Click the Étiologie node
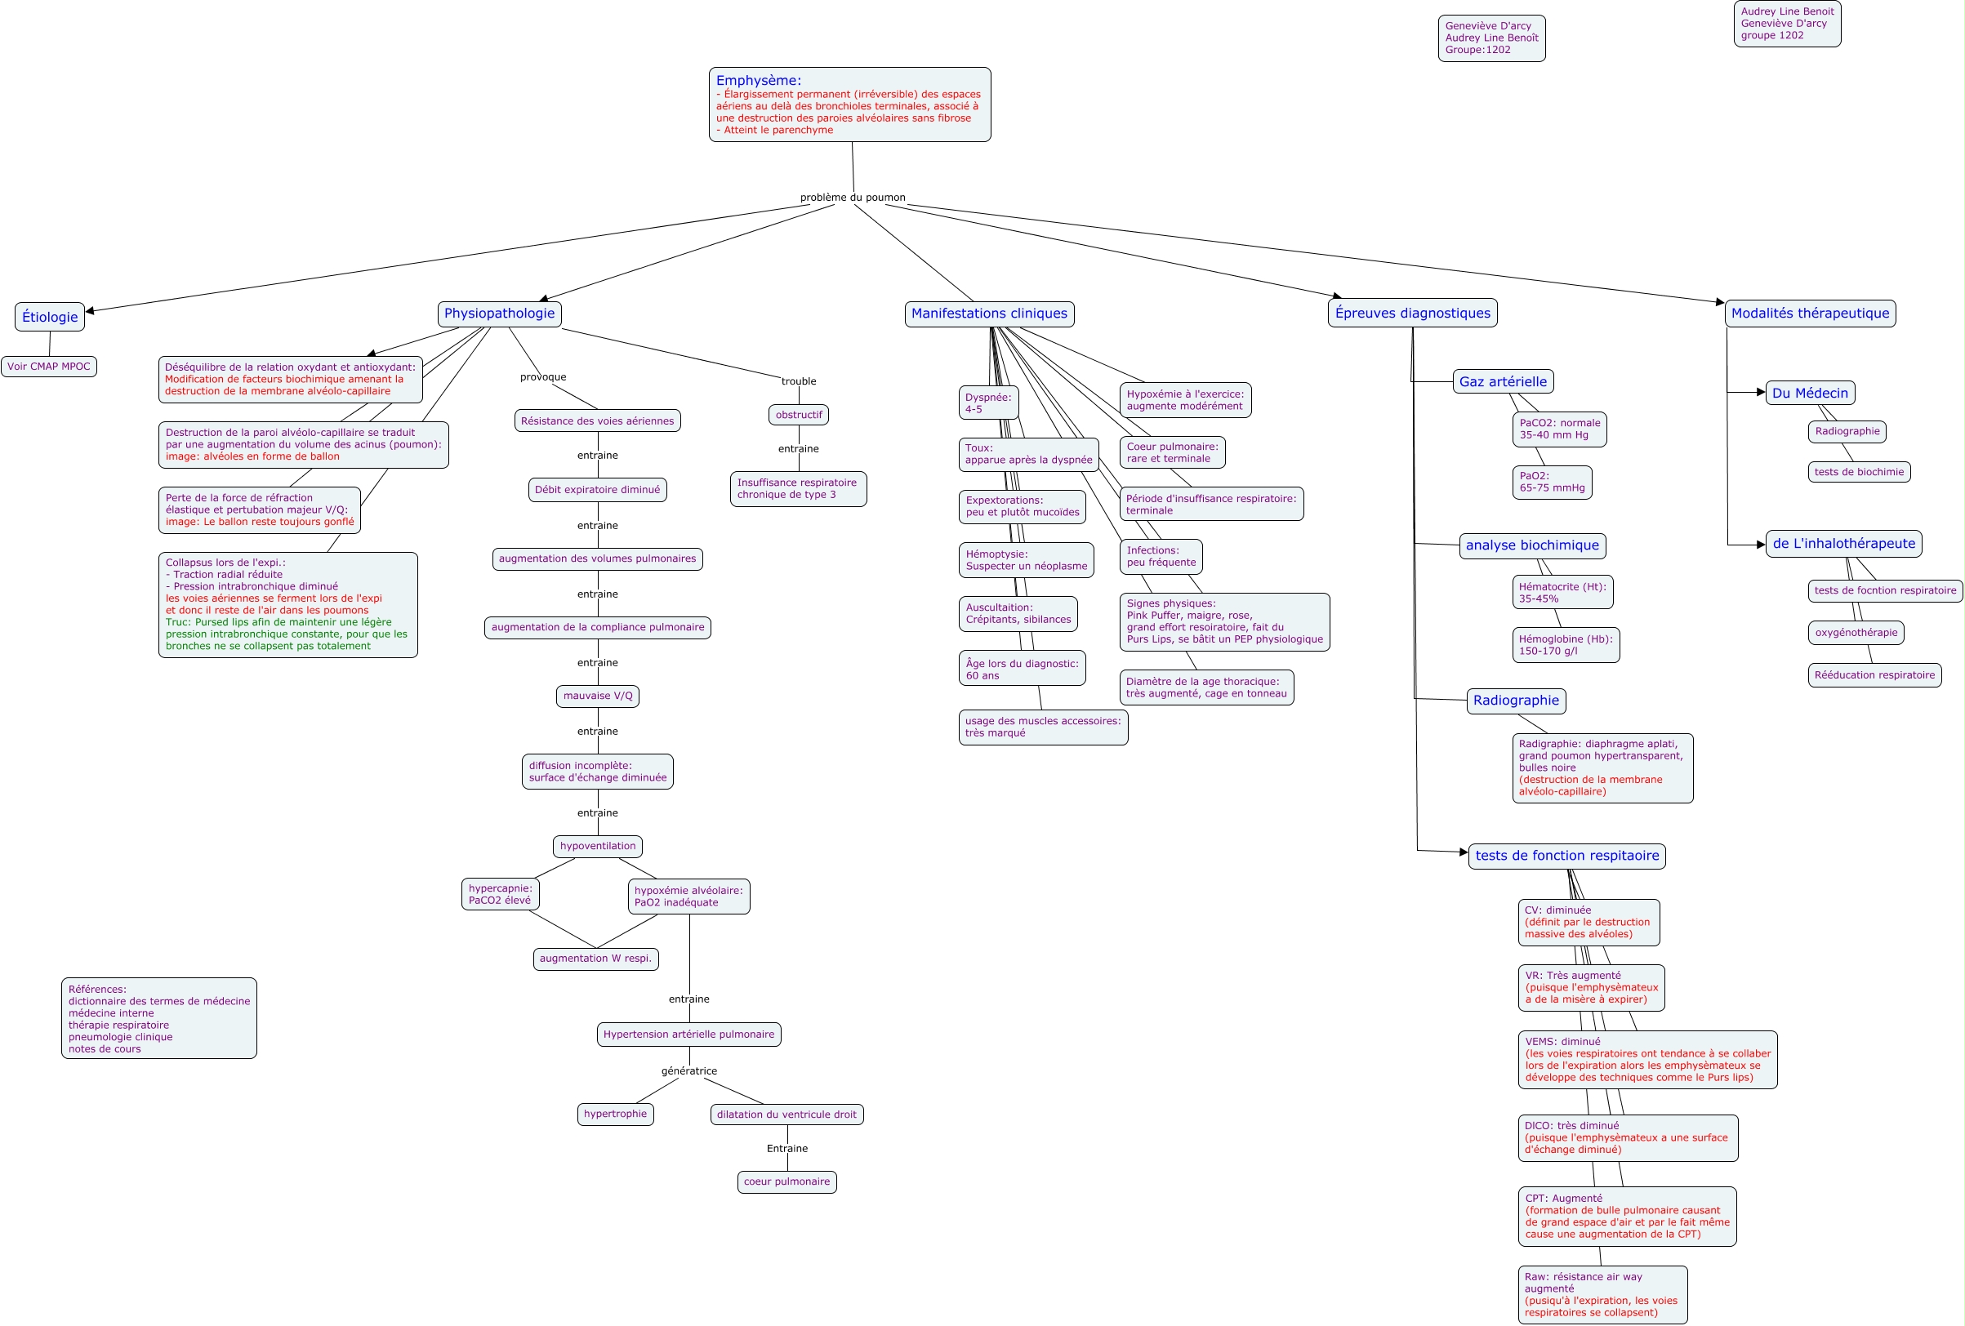coord(50,317)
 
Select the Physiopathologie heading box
coord(499,314)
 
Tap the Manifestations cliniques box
coord(988,314)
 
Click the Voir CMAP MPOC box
coord(49,367)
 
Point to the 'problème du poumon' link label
coord(853,198)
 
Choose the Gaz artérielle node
coord(1503,382)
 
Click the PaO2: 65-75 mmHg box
coord(1552,483)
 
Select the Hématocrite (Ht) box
coord(1562,593)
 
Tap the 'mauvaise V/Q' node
coord(598,696)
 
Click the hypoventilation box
coord(598,846)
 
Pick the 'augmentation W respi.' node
coord(595,959)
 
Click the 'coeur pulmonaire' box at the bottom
coord(786,1181)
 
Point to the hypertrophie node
coord(615,1114)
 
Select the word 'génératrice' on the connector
coord(689,1070)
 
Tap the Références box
coord(159,1018)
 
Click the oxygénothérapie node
coord(1856,633)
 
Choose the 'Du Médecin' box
coord(1811,393)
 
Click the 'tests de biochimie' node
coord(1860,472)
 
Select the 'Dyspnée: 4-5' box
coord(987,403)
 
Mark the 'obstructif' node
coord(798,415)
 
